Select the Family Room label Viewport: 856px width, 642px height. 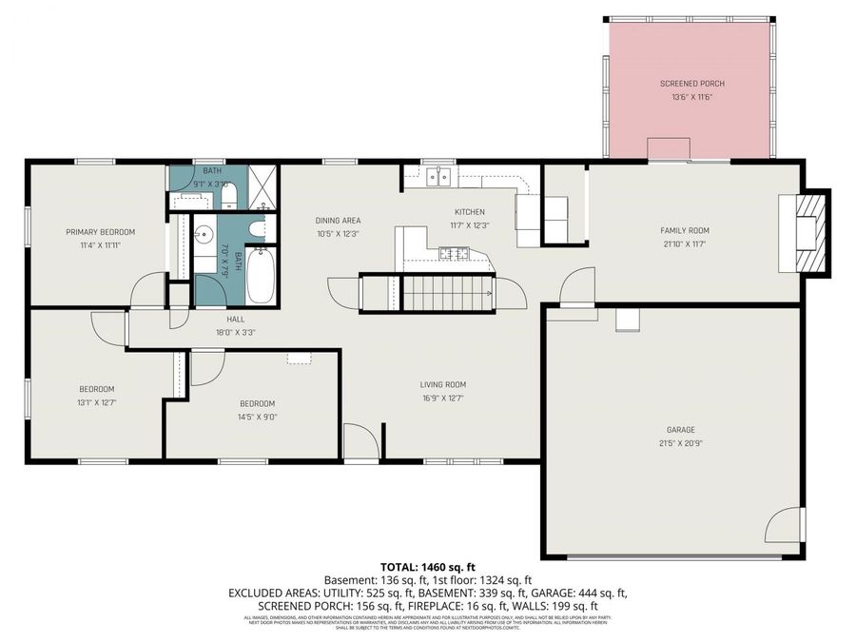pyautogui.click(x=685, y=230)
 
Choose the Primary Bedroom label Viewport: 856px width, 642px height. pyautogui.click(x=100, y=232)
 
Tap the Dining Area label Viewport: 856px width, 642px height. pyautogui.click(x=338, y=221)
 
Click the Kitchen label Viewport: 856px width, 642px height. pyautogui.click(x=469, y=212)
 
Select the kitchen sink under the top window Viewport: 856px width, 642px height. pyautogui.click(x=438, y=176)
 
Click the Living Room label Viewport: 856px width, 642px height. pyautogui.click(x=443, y=385)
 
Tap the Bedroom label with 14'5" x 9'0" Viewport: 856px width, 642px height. pyautogui.click(x=257, y=403)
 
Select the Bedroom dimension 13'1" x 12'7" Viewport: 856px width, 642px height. pyautogui.click(x=96, y=401)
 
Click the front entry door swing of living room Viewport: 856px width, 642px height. pyautogui.click(x=360, y=441)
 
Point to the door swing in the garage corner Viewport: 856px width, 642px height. pyautogui.click(x=786, y=525)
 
